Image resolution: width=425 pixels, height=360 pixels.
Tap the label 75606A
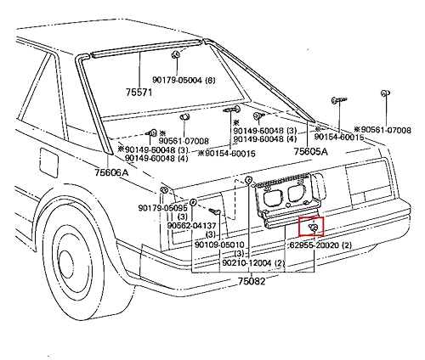coord(111,172)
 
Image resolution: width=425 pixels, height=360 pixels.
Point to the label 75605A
coord(311,150)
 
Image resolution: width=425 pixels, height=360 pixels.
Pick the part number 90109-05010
coord(219,245)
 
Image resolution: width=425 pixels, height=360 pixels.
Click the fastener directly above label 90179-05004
coord(175,55)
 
